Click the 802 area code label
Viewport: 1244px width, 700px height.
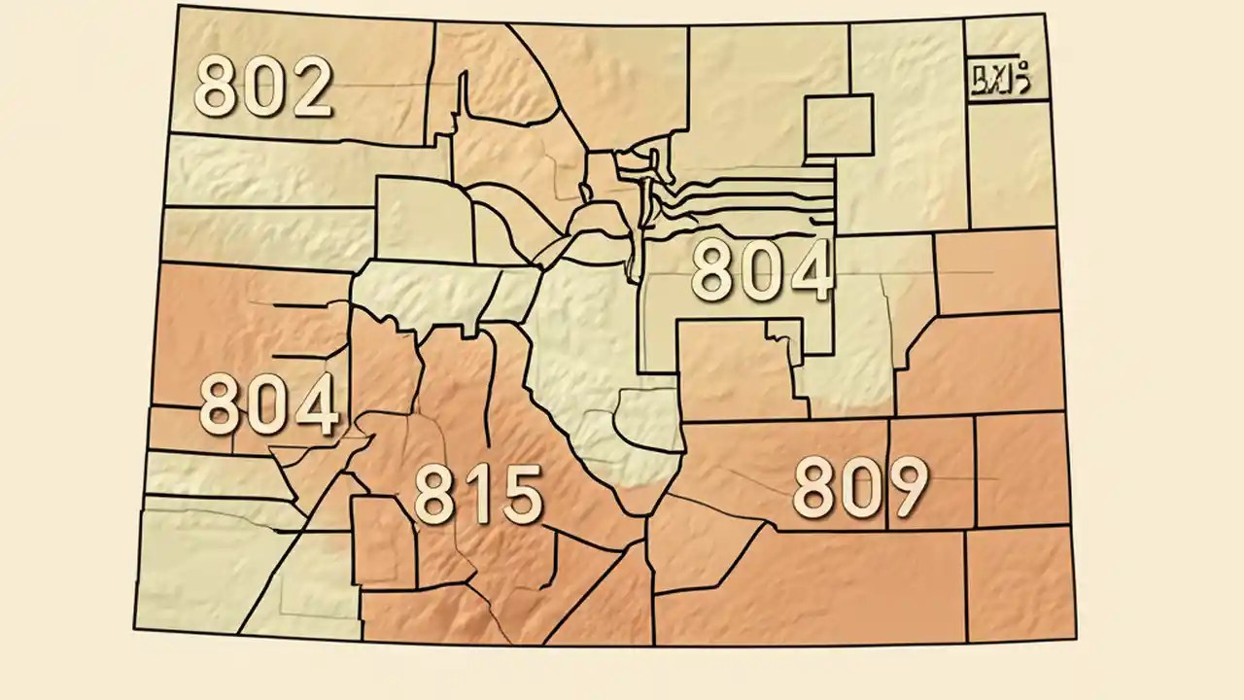(x=263, y=87)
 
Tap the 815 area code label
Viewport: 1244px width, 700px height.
(x=478, y=494)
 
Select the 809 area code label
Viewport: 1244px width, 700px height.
(x=860, y=488)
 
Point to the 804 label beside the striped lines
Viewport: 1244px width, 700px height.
(x=762, y=270)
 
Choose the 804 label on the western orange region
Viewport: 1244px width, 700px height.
(x=269, y=405)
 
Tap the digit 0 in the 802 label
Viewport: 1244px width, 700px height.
(x=263, y=87)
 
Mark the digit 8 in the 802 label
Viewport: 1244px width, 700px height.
(x=218, y=87)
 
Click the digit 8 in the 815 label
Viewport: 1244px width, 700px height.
(x=436, y=494)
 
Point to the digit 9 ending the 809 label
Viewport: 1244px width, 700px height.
(x=904, y=488)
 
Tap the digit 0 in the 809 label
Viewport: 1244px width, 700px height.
(x=860, y=488)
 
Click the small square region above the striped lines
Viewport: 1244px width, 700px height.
(x=838, y=125)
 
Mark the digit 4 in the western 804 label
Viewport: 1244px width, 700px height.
(x=316, y=405)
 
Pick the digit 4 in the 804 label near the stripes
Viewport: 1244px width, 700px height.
(x=809, y=270)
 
